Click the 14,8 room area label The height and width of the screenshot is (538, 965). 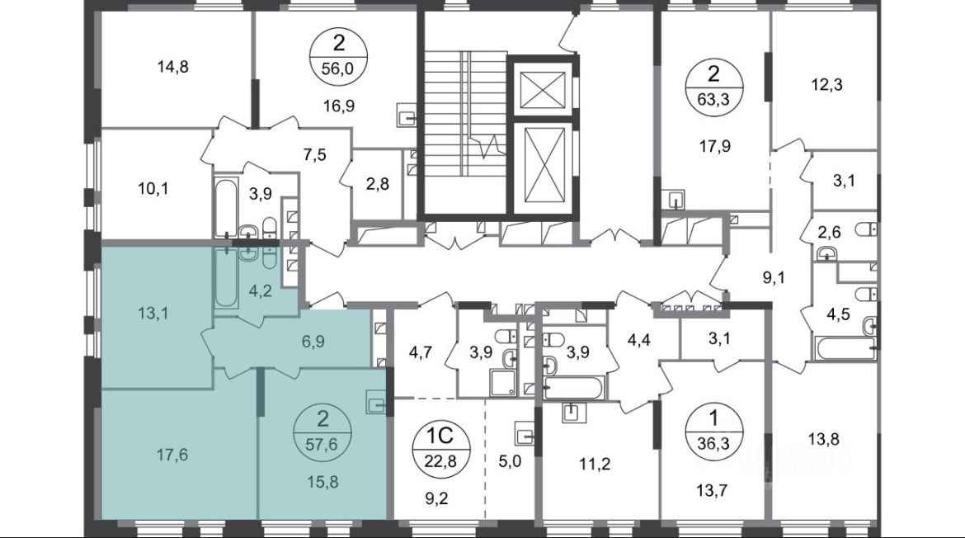coord(173,67)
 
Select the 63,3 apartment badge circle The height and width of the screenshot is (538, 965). coord(714,87)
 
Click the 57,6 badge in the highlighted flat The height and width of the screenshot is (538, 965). coord(322,432)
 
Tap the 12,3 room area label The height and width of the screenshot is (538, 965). coord(826,84)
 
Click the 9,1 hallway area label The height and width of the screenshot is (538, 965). coord(774,277)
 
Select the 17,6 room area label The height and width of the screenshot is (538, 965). coord(172,455)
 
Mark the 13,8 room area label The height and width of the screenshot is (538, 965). coord(824,440)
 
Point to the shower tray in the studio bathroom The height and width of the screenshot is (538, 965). coord(506,383)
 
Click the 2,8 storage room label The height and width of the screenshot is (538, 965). coord(377,183)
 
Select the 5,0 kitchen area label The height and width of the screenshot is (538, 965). coord(510,461)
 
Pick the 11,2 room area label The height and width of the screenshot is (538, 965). coord(595,464)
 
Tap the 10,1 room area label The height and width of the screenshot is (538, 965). coord(153,188)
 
